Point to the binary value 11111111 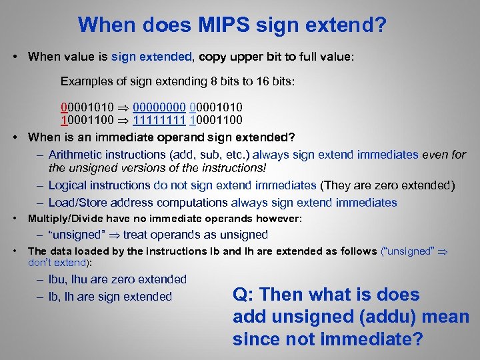tap(159, 121)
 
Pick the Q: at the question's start tap(243, 295)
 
